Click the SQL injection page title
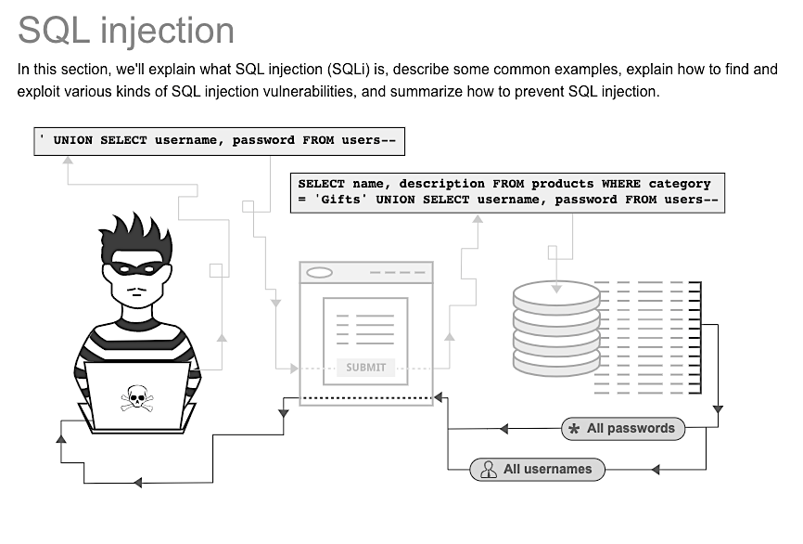126,30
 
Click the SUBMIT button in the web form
365,368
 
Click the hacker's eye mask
136,270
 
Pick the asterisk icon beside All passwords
574,429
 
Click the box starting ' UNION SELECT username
219,141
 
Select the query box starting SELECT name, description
506,192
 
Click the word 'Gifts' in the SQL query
338,200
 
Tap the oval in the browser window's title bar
319,273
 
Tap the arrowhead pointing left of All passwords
503,429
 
